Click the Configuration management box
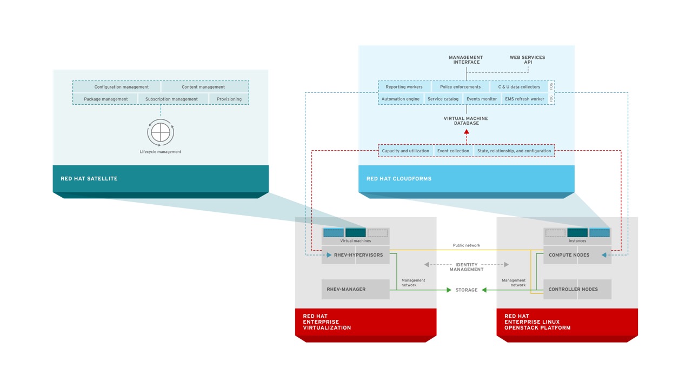coord(122,87)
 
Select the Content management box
coord(203,87)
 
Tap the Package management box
coord(106,99)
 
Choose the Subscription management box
coord(171,99)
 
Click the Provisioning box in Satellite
coord(229,99)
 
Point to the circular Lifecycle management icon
coord(161,132)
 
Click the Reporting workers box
coord(404,87)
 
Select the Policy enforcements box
coord(460,87)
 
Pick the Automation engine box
coord(401,99)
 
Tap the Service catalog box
coord(443,99)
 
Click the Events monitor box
coord(482,99)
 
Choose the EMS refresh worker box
coord(524,99)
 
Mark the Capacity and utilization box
coord(405,151)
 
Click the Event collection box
coord(453,151)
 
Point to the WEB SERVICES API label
coord(527,59)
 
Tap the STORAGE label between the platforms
coord(467,290)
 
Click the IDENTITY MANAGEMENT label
coord(467,267)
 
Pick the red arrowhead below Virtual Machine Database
coord(467,131)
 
